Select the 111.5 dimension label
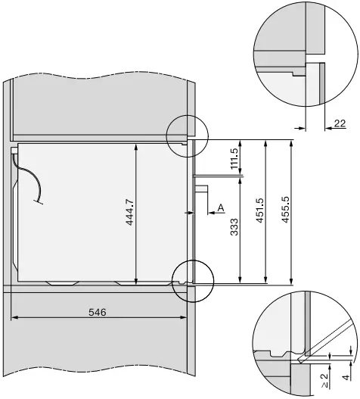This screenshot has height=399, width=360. point(234,159)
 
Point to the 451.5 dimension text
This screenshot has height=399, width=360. point(260,212)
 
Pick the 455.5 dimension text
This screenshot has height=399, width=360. point(285,212)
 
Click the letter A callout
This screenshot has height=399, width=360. point(220,207)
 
